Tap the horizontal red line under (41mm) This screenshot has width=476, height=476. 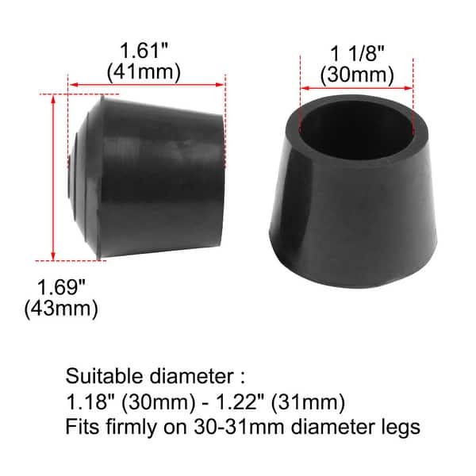144,83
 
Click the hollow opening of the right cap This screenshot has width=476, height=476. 358,130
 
